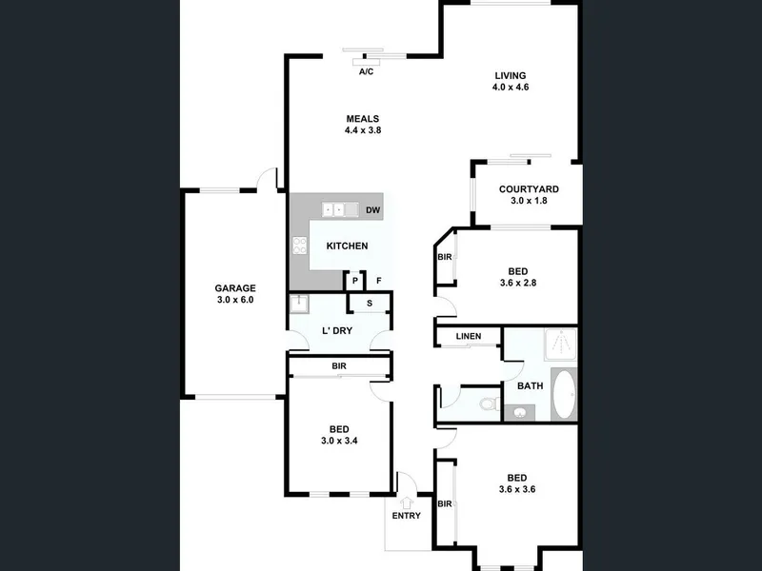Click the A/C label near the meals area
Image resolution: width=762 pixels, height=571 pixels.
pyautogui.click(x=366, y=72)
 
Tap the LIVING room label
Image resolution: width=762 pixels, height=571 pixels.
pyautogui.click(x=511, y=76)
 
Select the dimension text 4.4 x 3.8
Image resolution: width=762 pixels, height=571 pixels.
pyautogui.click(x=363, y=130)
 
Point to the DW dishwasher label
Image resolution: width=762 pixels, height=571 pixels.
pyautogui.click(x=372, y=210)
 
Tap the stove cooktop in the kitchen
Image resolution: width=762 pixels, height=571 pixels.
pyautogui.click(x=299, y=246)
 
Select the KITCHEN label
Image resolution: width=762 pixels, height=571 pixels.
pyautogui.click(x=347, y=246)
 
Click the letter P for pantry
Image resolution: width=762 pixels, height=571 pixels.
pyautogui.click(x=355, y=281)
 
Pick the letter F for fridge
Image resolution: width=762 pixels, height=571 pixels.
pyautogui.click(x=378, y=281)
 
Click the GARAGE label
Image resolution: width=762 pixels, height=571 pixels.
pyautogui.click(x=235, y=288)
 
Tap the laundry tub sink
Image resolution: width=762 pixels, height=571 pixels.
pyautogui.click(x=298, y=304)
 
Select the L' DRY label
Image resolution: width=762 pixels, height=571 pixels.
pyautogui.click(x=337, y=330)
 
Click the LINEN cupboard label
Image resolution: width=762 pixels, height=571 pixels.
pyautogui.click(x=469, y=336)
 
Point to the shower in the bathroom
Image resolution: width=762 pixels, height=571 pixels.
pyautogui.click(x=561, y=345)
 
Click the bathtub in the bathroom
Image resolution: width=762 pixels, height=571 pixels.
pyautogui.click(x=564, y=394)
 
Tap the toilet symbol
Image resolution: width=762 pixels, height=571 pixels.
pyautogui.click(x=489, y=404)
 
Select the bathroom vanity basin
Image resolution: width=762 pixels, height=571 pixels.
pyautogui.click(x=520, y=413)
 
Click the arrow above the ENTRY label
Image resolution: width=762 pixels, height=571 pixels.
pyautogui.click(x=407, y=503)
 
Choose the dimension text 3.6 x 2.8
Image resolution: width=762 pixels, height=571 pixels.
pyautogui.click(x=518, y=283)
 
